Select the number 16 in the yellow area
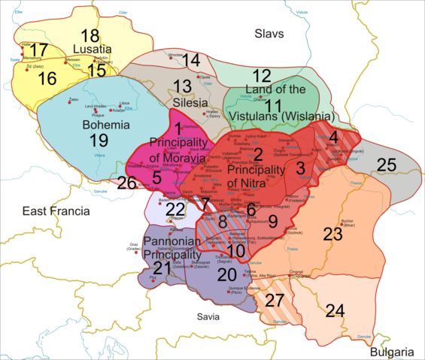[47, 78]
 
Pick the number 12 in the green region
[261, 75]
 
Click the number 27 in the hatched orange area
[275, 301]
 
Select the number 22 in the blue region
[174, 209]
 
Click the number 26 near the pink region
[127, 183]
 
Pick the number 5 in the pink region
[156, 177]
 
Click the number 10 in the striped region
[237, 250]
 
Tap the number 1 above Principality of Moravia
[178, 128]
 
